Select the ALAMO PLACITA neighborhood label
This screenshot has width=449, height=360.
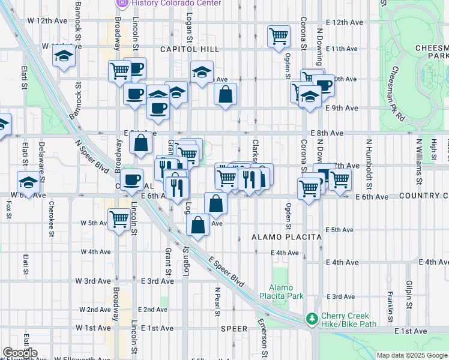pos(287,237)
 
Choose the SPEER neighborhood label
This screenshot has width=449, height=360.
pos(234,329)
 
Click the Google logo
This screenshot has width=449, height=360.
pos(20,353)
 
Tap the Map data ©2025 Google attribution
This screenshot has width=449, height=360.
pos(412,355)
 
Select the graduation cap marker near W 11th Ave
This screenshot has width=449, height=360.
pos(63,58)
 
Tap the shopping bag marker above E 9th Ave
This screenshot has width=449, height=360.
pos(226,94)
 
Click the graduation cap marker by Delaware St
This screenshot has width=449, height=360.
pos(28,181)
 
